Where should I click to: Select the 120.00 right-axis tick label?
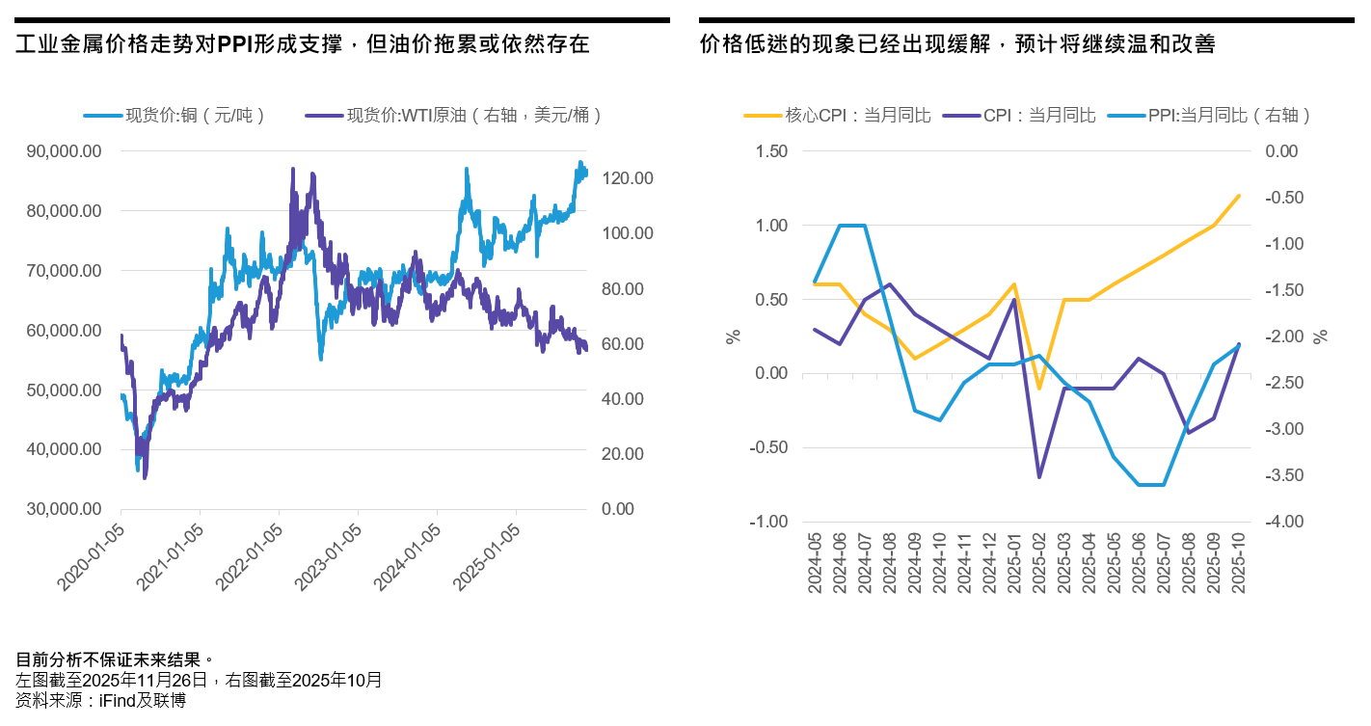coord(628,178)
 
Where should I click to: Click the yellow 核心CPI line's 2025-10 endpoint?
coord(1239,196)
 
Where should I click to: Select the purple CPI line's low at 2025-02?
coord(1039,477)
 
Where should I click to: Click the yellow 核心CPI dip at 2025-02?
coord(1039,389)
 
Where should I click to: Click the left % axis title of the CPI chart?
coord(734,336)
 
